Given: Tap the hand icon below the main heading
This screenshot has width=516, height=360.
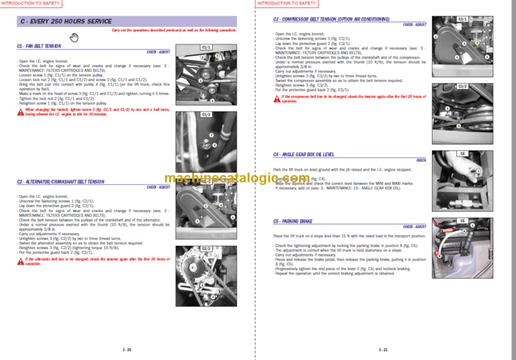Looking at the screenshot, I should point(75,36).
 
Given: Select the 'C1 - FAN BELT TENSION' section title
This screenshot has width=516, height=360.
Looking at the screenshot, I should point(38,46).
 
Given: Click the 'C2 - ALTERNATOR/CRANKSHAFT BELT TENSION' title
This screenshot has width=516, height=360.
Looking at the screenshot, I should point(60,181).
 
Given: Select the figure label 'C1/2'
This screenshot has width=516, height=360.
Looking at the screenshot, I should point(206,115).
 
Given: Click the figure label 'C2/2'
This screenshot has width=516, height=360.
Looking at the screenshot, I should point(206,249).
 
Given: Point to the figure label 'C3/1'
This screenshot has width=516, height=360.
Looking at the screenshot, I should point(462,19).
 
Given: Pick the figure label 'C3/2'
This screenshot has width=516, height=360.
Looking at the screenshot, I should point(462,87).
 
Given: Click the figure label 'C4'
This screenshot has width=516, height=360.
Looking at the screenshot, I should point(462,154).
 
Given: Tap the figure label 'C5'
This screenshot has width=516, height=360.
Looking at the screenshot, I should point(462,220).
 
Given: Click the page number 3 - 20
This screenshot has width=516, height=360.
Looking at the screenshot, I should point(128,350).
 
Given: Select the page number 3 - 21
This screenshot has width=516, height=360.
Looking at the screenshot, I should point(384,350).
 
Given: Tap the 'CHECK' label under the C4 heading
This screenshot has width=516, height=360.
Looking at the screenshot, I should point(421,161).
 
